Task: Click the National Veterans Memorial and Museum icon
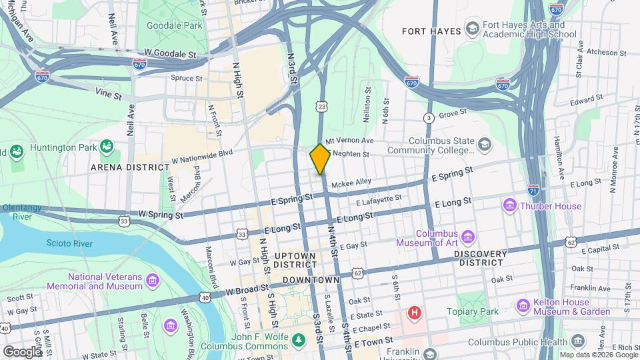click(153, 278)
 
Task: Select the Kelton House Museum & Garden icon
click(524, 305)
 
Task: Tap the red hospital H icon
click(415, 312)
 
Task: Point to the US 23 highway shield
click(322, 107)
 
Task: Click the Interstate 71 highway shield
click(533, 189)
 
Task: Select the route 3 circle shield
click(429, 118)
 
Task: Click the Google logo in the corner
click(22, 351)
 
